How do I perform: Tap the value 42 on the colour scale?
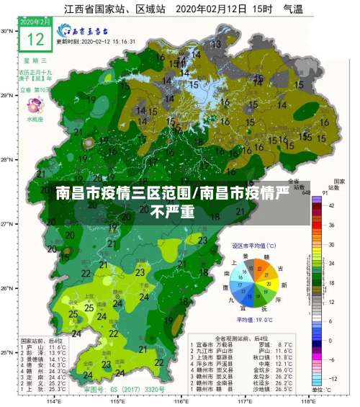pos(331,206)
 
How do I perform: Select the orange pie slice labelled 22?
pos(260,269)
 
